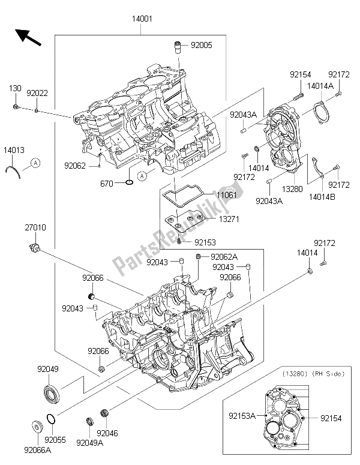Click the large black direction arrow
tap(28, 37)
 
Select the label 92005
tap(202, 45)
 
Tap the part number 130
tap(14, 88)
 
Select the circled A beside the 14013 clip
tap(36, 163)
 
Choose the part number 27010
tap(36, 228)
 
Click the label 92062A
tap(223, 257)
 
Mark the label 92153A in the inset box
tap(246, 414)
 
